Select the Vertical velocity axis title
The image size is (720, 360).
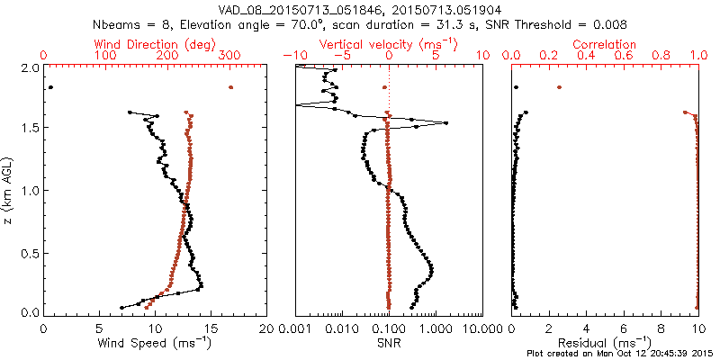[x=389, y=44]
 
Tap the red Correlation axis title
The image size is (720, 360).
[x=606, y=44]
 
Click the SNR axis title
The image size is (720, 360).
[x=388, y=343]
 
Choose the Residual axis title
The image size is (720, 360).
[x=606, y=343]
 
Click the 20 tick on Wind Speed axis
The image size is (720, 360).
[x=266, y=329]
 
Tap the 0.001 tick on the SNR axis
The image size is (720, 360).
[x=295, y=329]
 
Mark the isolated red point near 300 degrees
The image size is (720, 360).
[x=231, y=87]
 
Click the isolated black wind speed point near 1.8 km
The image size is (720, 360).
[x=50, y=87]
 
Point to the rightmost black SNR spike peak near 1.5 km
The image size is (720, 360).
[x=445, y=123]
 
